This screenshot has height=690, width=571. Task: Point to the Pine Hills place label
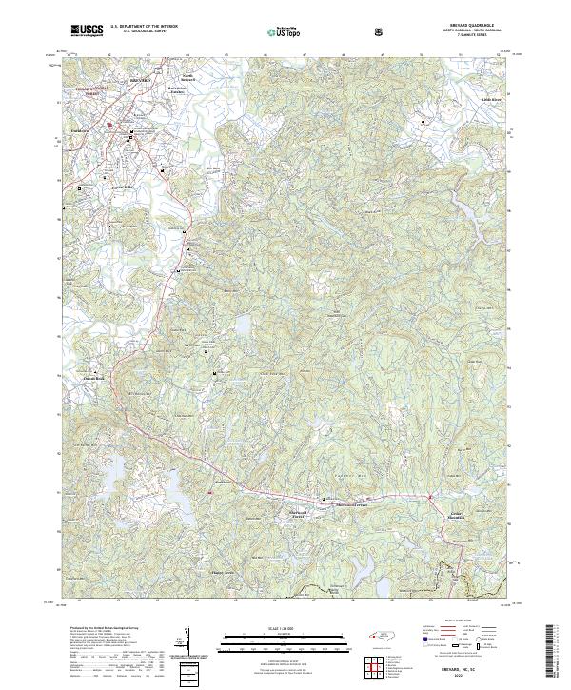pyautogui.click(x=123, y=187)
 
